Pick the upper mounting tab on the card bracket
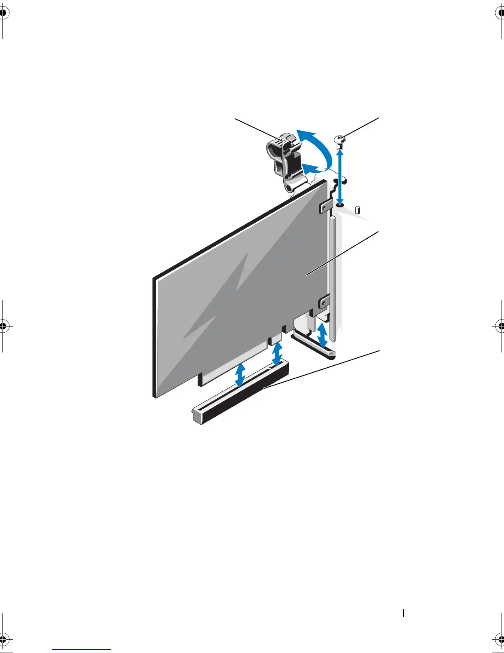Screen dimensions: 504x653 (325, 206)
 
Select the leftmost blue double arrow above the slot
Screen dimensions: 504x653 (240, 374)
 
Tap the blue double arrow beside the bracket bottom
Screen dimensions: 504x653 (322, 335)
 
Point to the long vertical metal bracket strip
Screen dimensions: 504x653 (333, 280)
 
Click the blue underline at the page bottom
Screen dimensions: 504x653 (82, 650)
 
